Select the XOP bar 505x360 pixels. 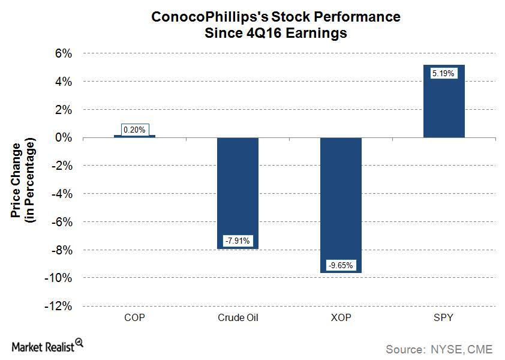[x=341, y=205]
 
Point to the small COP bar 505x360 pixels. [x=134, y=136]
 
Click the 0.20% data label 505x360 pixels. [x=134, y=129]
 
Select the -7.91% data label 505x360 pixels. [x=238, y=241]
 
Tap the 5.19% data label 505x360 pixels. [x=444, y=73]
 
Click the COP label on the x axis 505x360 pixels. [x=134, y=317]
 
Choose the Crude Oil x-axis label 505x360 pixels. [x=238, y=317]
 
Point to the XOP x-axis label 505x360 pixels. [x=341, y=317]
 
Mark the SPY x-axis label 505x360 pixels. [x=444, y=317]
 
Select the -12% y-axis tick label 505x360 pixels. [x=59, y=306]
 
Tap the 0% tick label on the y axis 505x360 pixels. [x=64, y=137]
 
